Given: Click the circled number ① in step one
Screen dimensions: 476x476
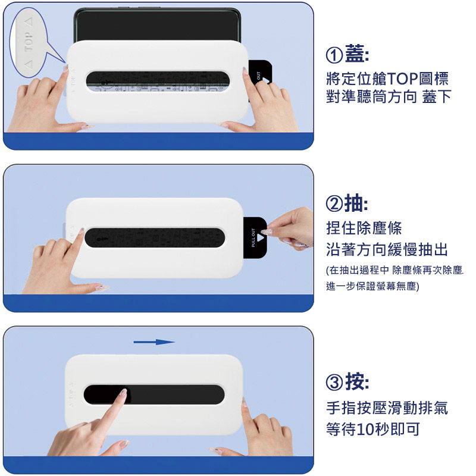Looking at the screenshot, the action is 334,55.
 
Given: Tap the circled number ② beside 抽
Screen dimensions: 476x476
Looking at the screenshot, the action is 334,203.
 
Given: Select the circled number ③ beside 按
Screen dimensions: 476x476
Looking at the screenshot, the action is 334,382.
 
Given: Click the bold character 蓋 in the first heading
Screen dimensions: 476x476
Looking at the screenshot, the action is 355,54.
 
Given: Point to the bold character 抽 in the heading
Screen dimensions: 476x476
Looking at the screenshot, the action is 354,202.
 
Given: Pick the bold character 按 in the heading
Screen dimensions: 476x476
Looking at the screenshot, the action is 355,381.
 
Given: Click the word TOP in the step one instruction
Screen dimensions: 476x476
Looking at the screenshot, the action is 403,79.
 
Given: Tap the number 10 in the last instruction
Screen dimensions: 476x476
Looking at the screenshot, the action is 365,429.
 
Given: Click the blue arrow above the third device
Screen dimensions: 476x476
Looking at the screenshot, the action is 154,342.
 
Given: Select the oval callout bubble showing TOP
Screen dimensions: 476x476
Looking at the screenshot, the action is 29,42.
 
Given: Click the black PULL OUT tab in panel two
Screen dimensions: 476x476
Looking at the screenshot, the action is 255,237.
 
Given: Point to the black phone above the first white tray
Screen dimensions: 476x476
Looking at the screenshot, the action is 157,25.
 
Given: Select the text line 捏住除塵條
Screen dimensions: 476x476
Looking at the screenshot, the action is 364,228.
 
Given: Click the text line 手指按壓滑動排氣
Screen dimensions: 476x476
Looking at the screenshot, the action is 387,408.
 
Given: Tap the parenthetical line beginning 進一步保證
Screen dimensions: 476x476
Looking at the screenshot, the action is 372,286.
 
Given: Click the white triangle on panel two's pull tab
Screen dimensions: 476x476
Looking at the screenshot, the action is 261,237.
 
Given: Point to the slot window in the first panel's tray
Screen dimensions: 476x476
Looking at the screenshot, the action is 158,82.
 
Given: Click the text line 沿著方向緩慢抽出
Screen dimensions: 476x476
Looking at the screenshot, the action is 387,249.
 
